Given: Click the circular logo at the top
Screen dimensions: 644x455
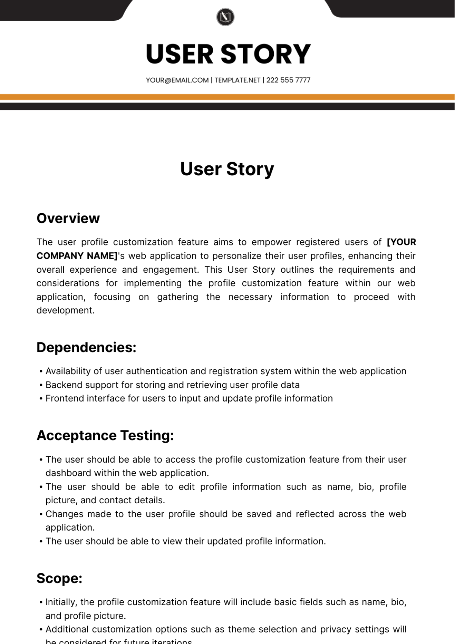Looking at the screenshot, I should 225,17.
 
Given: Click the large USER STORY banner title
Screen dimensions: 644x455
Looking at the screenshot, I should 228,54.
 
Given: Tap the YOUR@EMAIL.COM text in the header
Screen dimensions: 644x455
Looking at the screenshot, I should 177,80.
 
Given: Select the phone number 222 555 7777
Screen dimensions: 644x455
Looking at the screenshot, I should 288,80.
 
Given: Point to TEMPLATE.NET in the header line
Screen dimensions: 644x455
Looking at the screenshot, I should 237,80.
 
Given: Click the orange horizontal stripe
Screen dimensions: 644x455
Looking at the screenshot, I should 227,97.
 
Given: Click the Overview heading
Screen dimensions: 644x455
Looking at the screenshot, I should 68,218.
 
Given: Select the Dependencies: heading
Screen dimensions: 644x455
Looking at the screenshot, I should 86,347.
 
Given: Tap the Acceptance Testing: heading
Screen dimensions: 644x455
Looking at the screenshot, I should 105,435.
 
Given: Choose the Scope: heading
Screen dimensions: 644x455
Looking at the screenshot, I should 59,578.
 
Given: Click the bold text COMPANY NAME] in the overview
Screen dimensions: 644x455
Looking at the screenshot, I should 77,256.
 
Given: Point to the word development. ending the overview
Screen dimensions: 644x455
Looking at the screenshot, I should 65,310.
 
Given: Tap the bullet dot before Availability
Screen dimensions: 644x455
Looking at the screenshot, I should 41,372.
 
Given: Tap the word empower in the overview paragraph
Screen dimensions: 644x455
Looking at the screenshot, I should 270,242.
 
